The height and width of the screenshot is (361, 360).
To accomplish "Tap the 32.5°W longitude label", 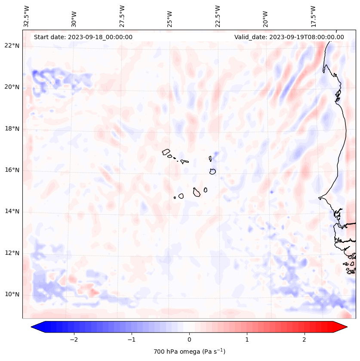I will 27,16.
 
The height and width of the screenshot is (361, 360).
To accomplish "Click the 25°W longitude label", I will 170,16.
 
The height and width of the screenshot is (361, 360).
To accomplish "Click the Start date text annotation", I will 83,37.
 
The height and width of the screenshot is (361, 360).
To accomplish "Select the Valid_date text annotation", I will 289,37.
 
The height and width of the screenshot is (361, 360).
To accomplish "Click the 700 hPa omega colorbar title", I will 189,352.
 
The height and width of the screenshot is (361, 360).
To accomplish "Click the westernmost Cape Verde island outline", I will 166,151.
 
